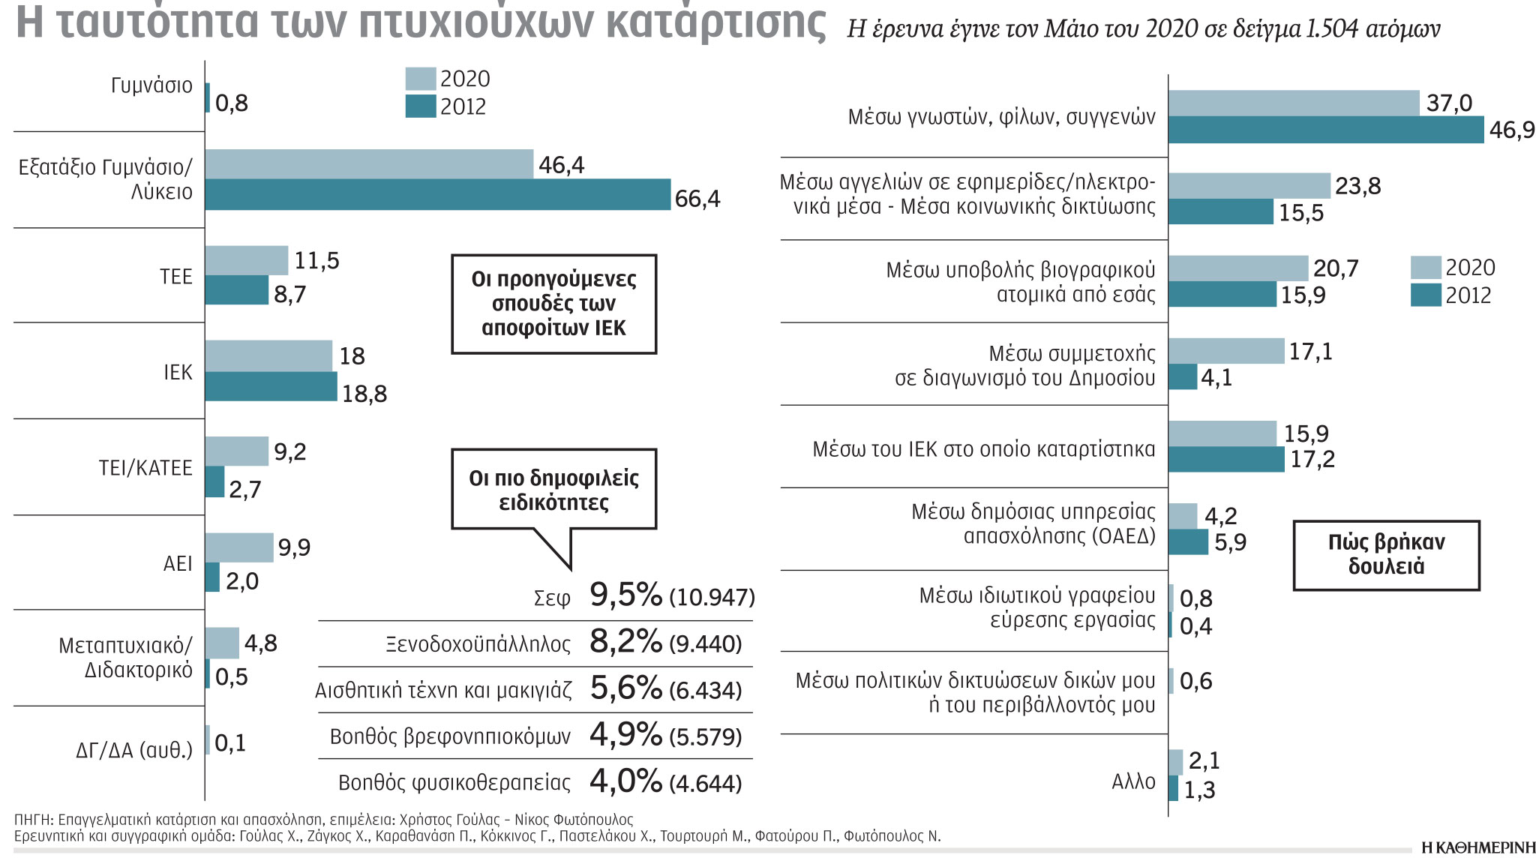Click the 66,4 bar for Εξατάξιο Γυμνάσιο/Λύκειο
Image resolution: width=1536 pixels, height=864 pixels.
click(437, 194)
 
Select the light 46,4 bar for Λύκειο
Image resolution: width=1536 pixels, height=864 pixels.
click(369, 163)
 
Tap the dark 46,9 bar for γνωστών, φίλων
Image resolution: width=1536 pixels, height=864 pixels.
click(1325, 130)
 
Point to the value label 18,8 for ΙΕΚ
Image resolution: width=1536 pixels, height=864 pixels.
click(364, 394)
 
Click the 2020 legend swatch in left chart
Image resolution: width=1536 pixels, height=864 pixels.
click(420, 79)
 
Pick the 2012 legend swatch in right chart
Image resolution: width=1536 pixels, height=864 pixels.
click(1425, 295)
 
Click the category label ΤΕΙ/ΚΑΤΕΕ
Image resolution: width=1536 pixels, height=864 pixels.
click(145, 468)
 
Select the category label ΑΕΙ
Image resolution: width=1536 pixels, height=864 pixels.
click(178, 563)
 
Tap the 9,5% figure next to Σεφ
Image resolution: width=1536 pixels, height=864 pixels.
click(626, 595)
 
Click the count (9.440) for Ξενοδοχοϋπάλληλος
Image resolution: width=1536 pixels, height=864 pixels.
click(706, 644)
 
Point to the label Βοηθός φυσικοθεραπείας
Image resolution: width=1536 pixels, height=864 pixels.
click(454, 783)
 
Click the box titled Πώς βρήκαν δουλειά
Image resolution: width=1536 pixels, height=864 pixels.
click(1386, 555)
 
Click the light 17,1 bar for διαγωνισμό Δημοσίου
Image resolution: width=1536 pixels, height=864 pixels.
click(1226, 351)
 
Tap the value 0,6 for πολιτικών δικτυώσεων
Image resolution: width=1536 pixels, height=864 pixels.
click(1195, 681)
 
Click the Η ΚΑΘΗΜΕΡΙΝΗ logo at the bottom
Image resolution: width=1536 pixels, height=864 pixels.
click(1477, 848)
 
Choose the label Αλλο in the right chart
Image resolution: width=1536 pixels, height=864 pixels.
click(1133, 782)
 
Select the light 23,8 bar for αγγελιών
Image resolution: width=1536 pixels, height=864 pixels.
click(1249, 185)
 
